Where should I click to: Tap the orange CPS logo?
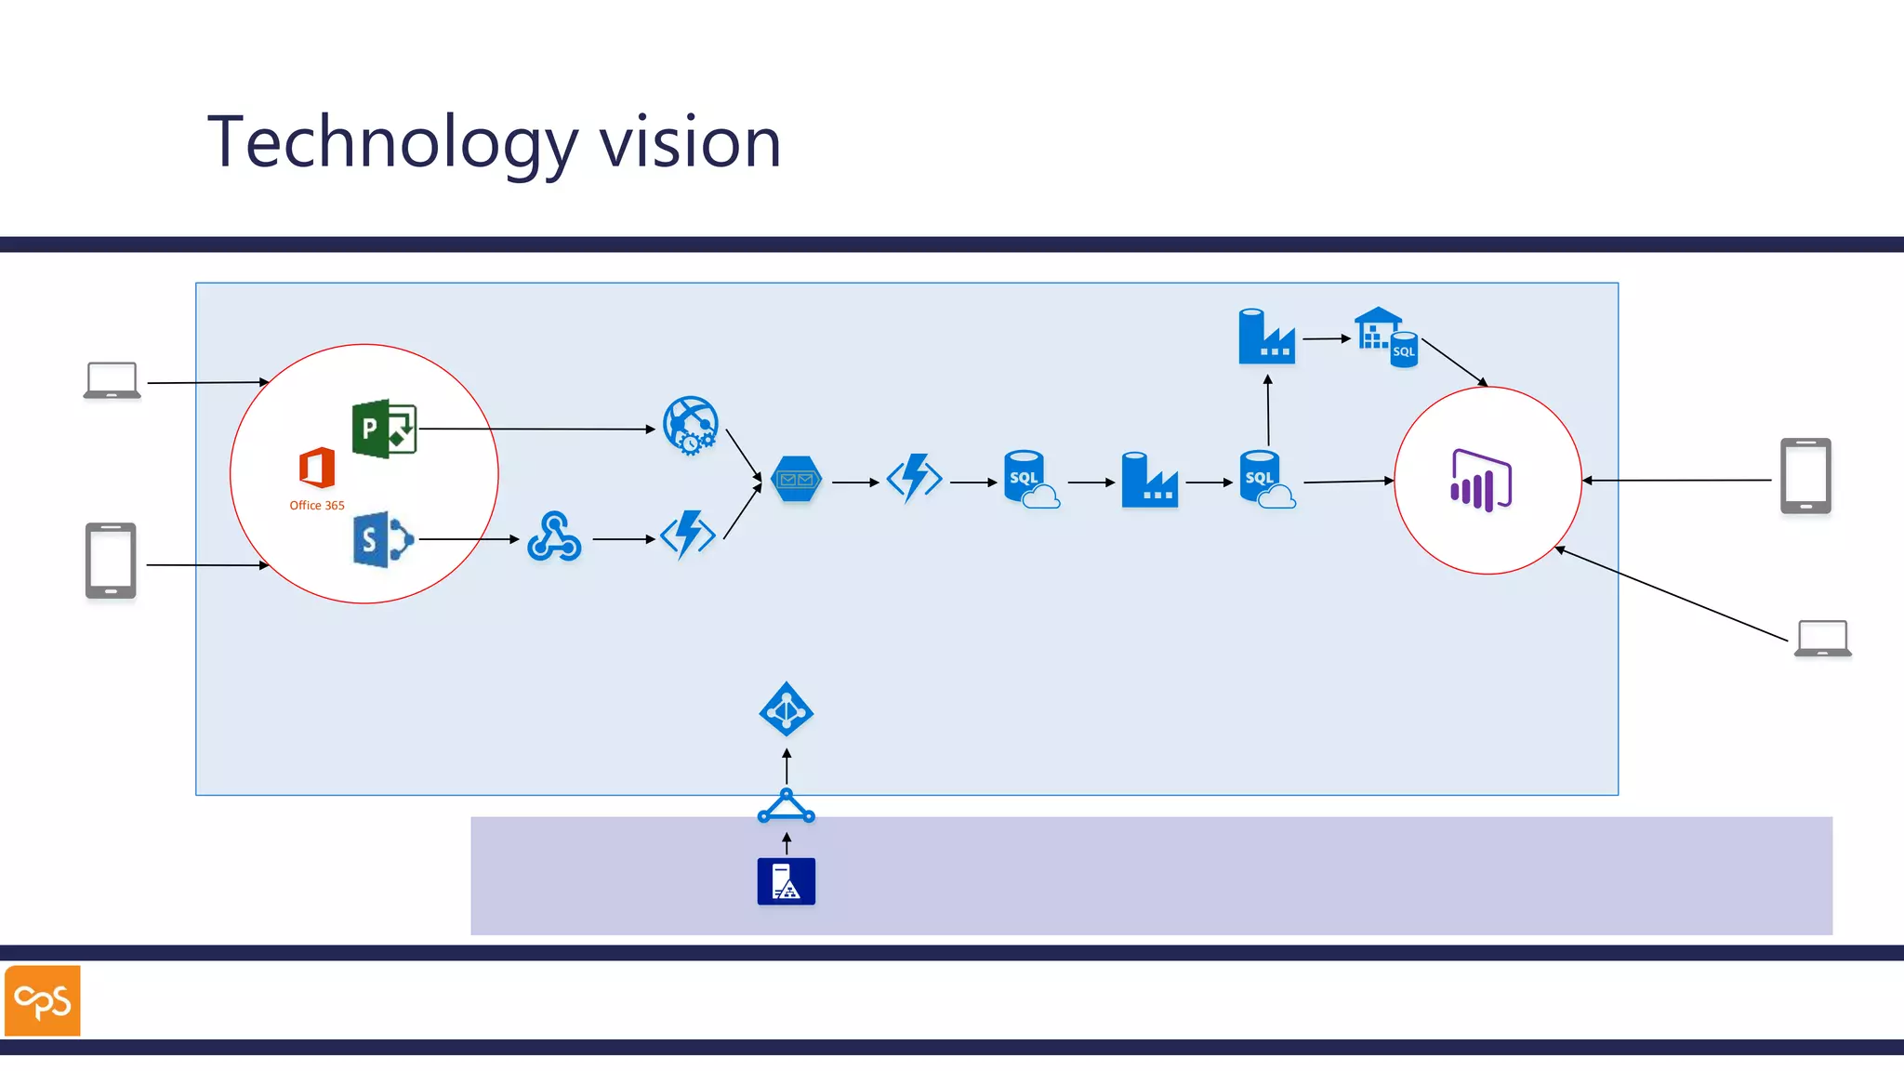tap(43, 1000)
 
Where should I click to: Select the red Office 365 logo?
tap(317, 468)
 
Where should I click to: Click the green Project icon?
tap(384, 429)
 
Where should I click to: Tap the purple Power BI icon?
tap(1481, 480)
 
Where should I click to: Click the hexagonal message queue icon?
tap(797, 479)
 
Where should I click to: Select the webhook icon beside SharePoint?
tap(554, 537)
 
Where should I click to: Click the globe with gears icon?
tap(690, 425)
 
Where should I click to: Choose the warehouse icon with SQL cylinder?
tap(1385, 337)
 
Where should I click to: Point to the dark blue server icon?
tap(787, 881)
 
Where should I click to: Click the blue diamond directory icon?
tap(787, 710)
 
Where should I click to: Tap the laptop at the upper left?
tap(112, 380)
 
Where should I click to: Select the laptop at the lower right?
tap(1822, 639)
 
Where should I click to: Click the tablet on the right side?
tap(1805, 476)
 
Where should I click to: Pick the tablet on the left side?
tap(111, 561)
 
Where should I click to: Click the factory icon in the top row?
tap(1266, 337)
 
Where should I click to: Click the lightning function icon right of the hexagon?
tap(915, 479)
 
